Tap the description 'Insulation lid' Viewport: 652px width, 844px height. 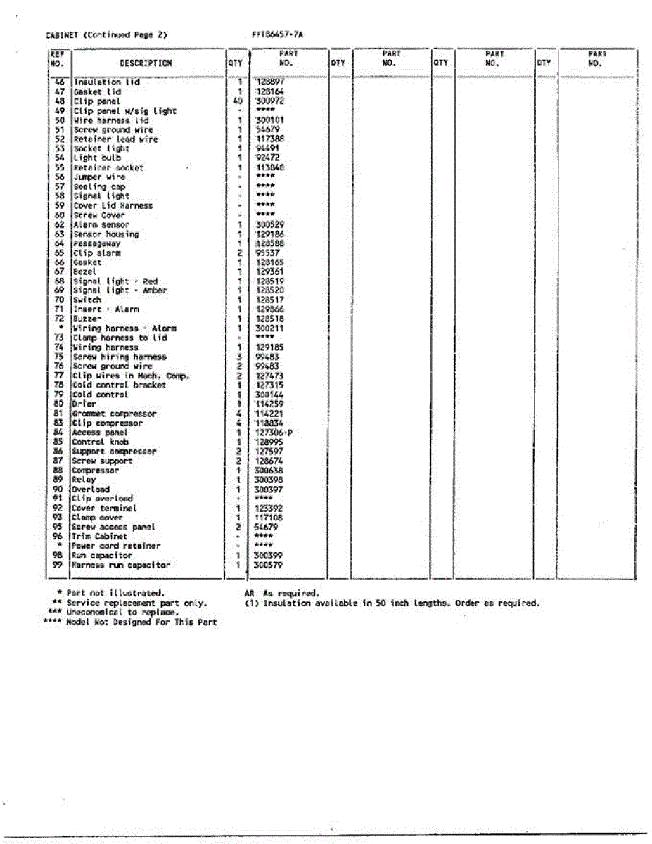[106, 82]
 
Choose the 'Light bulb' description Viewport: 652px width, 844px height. [97, 158]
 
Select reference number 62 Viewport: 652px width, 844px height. [59, 225]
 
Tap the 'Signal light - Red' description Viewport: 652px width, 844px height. [115, 281]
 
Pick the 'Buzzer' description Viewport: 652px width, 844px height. [87, 319]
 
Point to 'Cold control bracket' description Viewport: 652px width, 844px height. [120, 385]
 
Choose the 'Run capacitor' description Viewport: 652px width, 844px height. [102, 556]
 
